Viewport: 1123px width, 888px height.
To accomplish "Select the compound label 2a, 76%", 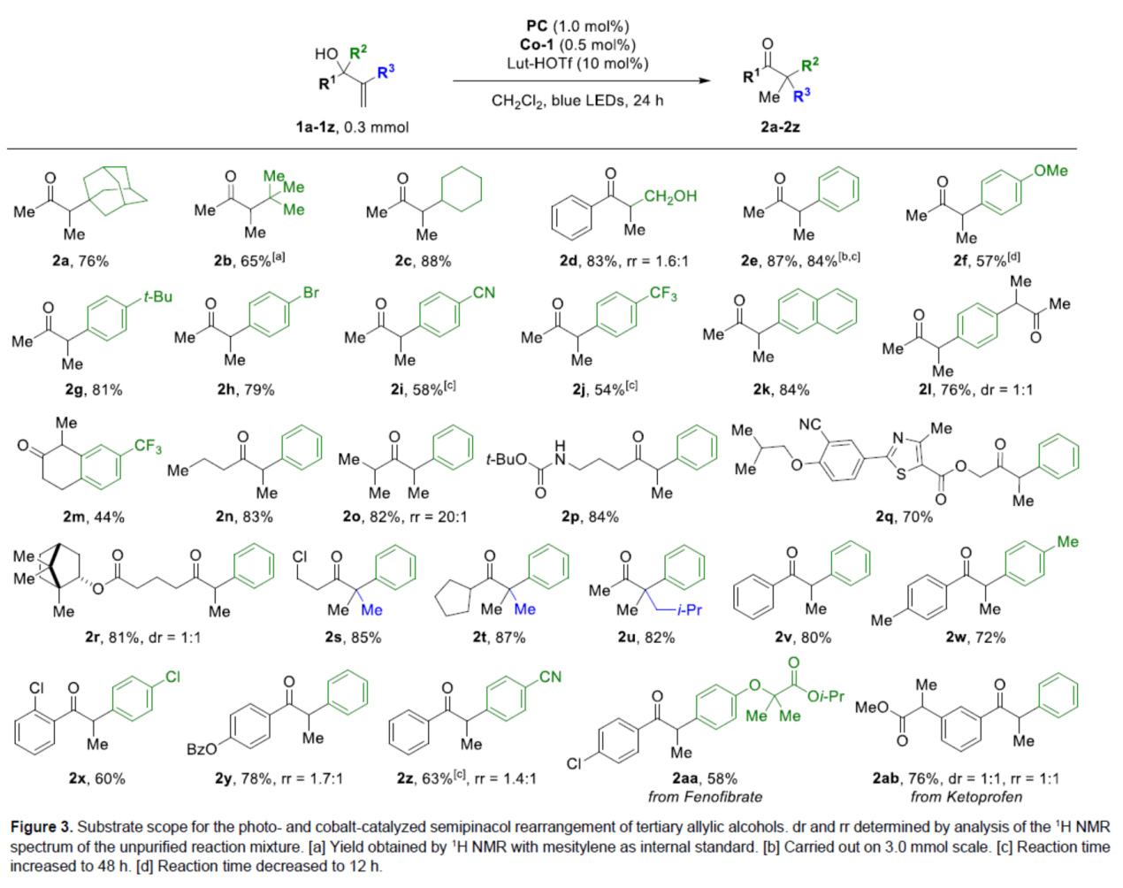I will [80, 261].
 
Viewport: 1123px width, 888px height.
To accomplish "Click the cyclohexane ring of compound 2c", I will [461, 189].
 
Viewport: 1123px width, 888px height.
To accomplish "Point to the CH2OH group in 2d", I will [670, 196].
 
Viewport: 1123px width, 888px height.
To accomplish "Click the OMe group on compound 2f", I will [1050, 171].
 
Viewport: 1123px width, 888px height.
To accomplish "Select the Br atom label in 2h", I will [310, 293].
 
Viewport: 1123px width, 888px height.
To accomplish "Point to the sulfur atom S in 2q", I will [901, 473].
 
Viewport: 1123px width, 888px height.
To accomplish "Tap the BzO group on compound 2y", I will [202, 749].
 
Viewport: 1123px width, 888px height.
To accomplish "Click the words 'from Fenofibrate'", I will [705, 797].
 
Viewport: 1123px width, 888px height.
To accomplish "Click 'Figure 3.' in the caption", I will [41, 827].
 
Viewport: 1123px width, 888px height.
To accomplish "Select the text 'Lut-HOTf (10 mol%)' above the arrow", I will [577, 64].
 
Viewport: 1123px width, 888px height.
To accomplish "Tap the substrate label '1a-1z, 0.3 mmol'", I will [352, 127].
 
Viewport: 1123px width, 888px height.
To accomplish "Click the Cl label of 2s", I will [300, 557].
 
